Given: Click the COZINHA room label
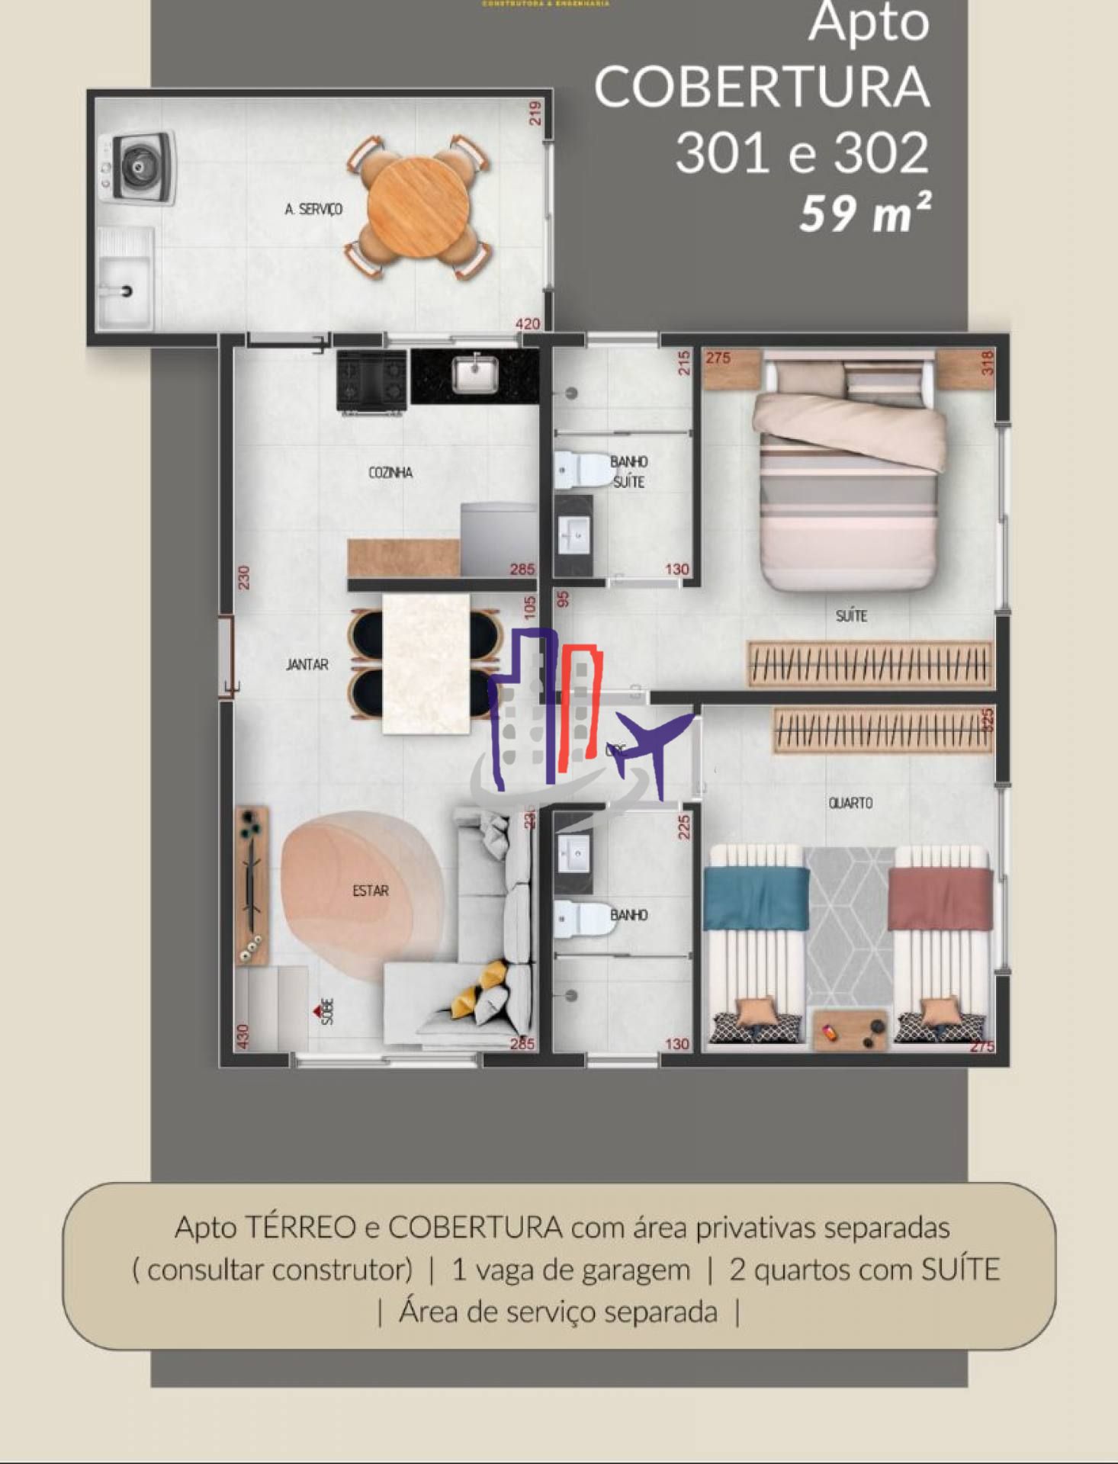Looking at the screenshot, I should (x=390, y=473).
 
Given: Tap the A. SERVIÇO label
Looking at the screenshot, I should (x=313, y=209).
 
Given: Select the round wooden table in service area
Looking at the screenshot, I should (x=416, y=207).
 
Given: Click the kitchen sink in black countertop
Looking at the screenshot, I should (x=475, y=374).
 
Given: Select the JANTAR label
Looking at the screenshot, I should (x=307, y=665).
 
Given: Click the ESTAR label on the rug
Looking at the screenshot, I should (x=371, y=891).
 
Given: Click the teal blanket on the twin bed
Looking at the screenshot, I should (x=756, y=897).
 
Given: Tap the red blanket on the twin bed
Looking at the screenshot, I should (x=940, y=897).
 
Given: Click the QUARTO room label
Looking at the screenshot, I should (x=850, y=803).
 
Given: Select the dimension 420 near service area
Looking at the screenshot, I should (x=528, y=324).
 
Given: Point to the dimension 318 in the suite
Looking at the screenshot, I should (x=988, y=363).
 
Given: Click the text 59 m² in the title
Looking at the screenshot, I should (x=865, y=213).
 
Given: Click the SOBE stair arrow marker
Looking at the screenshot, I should (x=319, y=1011).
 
